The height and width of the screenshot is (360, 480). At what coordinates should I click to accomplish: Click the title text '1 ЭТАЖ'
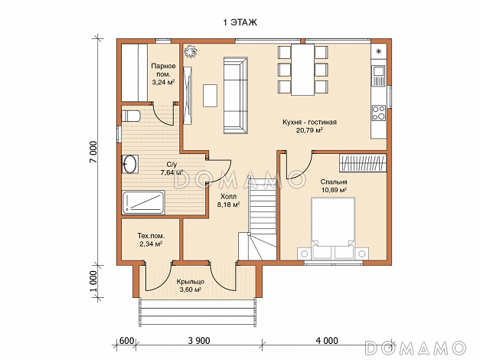(x=240, y=22)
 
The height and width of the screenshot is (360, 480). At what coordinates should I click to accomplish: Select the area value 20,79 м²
(x=310, y=130)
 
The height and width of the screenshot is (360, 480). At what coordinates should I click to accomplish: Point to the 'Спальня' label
(x=334, y=182)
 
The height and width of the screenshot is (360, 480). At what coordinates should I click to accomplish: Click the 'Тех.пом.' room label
(x=151, y=236)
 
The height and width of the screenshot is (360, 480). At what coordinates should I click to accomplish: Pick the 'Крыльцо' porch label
(x=191, y=282)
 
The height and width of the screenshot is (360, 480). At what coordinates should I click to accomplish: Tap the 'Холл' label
(x=228, y=197)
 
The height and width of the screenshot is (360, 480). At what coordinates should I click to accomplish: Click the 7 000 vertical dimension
(x=94, y=152)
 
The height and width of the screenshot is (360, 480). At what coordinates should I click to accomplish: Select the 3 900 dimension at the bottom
(x=199, y=341)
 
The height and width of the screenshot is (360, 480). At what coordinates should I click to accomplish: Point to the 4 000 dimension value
(x=327, y=341)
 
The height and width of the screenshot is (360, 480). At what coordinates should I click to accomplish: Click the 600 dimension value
(x=126, y=341)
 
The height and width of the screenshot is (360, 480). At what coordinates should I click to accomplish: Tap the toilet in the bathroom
(x=131, y=116)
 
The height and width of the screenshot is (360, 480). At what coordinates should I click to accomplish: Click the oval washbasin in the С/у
(x=130, y=164)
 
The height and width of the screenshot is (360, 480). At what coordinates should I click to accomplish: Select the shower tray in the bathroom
(x=144, y=202)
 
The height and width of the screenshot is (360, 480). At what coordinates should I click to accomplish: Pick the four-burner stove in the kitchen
(x=379, y=113)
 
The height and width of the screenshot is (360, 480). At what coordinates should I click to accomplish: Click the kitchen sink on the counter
(x=379, y=76)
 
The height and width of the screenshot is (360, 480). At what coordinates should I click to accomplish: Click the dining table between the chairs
(x=302, y=70)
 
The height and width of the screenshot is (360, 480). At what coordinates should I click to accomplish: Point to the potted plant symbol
(x=191, y=51)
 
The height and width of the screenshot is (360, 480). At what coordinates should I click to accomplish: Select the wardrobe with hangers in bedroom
(x=363, y=162)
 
